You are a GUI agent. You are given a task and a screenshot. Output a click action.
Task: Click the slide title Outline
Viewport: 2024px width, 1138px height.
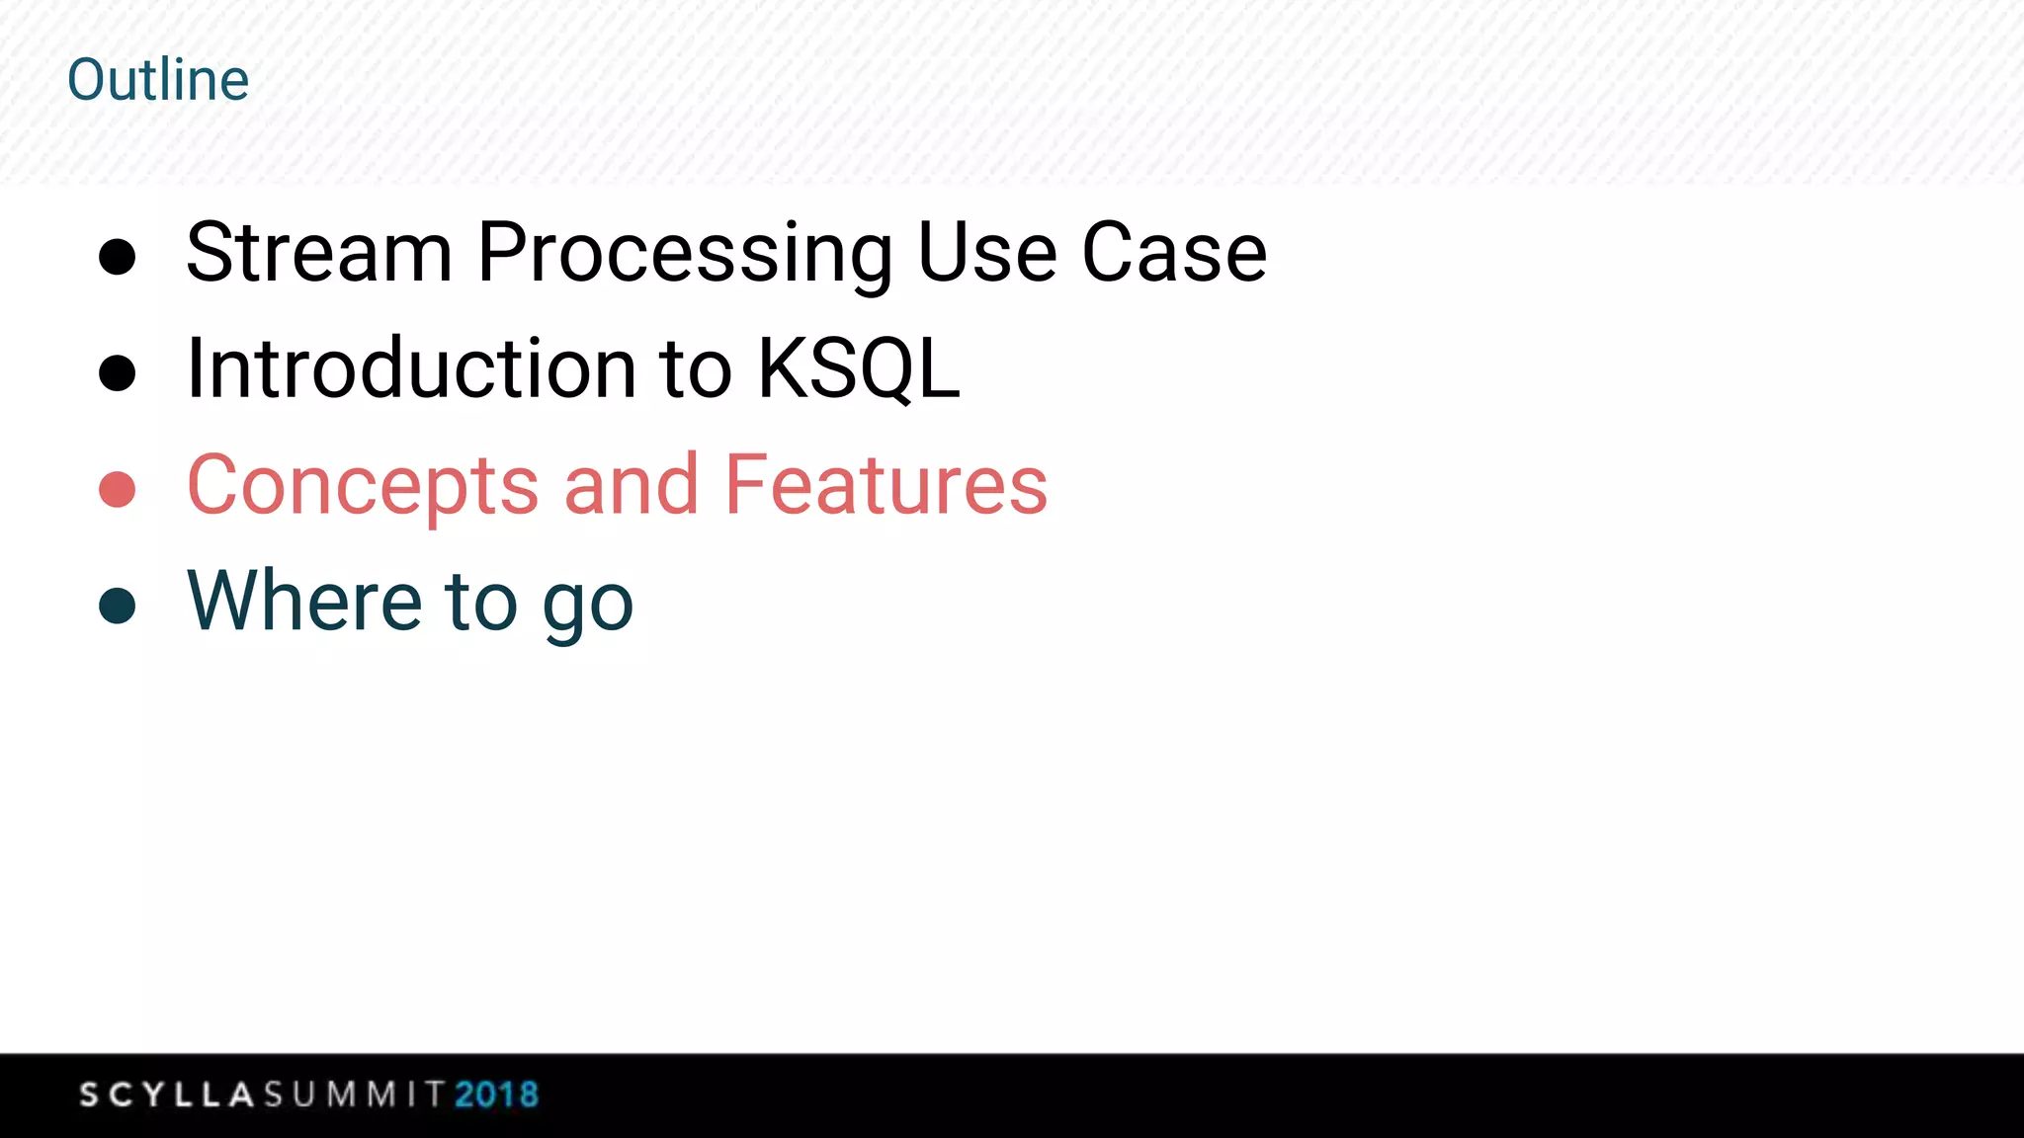pyautogui.click(x=158, y=80)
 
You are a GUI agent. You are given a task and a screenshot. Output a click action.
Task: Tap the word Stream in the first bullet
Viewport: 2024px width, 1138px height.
pyautogui.click(x=319, y=253)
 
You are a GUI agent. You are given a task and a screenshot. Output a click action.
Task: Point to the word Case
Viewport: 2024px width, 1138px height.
pyautogui.click(x=1174, y=253)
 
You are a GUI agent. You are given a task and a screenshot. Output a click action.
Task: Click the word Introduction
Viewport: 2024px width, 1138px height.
pyautogui.click(x=410, y=369)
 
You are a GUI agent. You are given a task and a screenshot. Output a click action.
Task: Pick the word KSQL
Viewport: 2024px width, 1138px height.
pyautogui.click(x=858, y=369)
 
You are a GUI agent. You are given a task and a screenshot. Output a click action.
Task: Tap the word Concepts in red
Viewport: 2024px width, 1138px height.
pyautogui.click(x=363, y=486)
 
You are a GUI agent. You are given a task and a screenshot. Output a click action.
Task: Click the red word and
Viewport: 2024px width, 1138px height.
pyautogui.click(x=631, y=485)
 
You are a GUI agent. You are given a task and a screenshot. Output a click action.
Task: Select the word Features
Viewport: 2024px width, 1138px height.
pyautogui.click(x=885, y=485)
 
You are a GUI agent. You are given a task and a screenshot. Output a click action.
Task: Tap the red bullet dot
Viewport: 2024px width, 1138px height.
pyautogui.click(x=118, y=489)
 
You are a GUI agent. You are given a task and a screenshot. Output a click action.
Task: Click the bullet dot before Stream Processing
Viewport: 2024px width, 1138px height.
pyautogui.click(x=118, y=257)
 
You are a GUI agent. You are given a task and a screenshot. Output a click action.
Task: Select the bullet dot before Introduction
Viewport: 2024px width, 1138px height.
pyautogui.click(x=118, y=373)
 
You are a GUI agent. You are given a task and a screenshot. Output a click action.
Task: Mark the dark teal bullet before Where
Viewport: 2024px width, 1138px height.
pyautogui.click(x=118, y=606)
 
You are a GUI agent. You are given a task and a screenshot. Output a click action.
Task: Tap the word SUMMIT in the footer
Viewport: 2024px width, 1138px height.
pyautogui.click(x=355, y=1095)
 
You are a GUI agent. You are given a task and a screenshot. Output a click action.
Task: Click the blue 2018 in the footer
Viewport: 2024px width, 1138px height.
pyautogui.click(x=496, y=1095)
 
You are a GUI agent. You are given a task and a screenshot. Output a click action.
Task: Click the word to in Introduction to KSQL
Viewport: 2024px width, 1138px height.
pyautogui.click(x=696, y=369)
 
